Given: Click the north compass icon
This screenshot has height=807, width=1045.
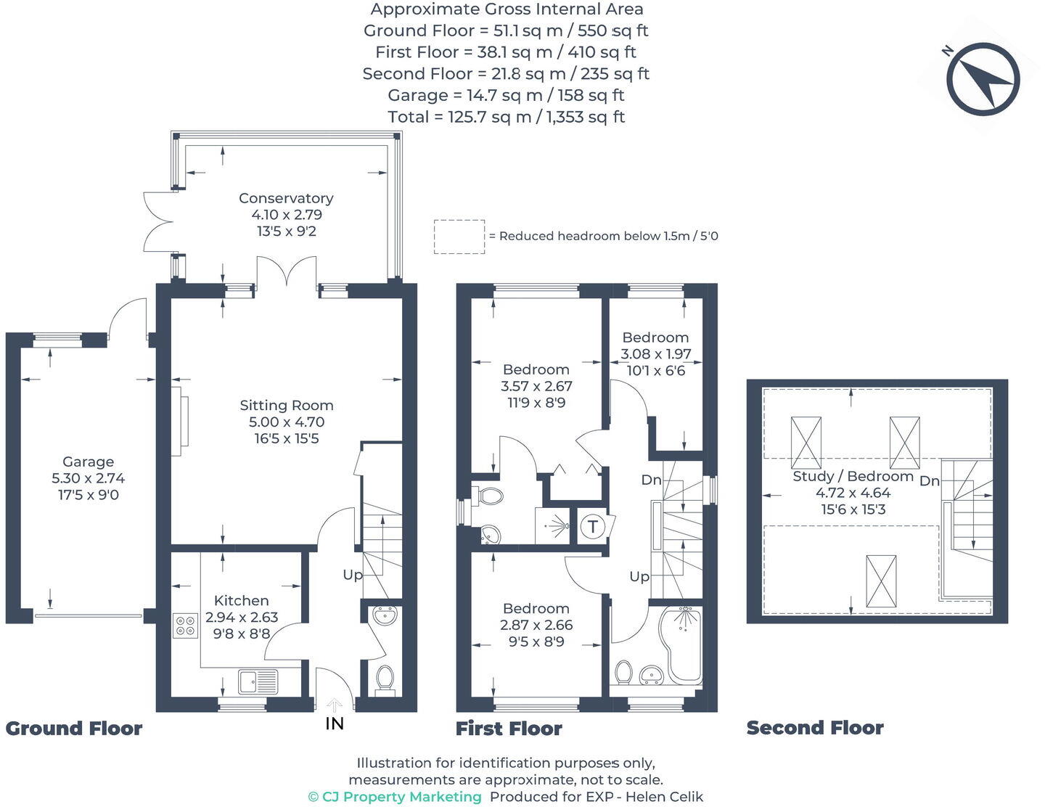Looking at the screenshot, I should [983, 79].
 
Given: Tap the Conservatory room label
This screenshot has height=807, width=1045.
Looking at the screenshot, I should [286, 198].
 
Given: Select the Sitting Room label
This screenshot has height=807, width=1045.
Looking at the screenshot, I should [287, 406].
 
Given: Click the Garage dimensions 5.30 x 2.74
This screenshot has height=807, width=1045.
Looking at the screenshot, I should [88, 478].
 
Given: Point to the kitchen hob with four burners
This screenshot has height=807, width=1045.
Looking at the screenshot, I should [186, 626].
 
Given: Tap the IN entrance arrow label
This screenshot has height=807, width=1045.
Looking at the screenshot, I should [335, 723].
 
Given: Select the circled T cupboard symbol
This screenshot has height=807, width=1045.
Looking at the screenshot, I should [594, 526].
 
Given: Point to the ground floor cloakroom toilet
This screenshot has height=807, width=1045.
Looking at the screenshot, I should [385, 679].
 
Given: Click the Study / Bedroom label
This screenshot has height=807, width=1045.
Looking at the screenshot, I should [853, 476].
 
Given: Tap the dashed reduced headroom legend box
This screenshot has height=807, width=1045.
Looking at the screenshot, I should [459, 237].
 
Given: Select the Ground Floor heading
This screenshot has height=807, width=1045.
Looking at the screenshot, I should [74, 729].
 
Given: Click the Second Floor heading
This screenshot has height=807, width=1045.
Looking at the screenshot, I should [814, 728].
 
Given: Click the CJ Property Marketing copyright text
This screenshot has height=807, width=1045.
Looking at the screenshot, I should [395, 797].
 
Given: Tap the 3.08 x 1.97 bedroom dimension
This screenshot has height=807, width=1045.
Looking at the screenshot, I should [655, 354].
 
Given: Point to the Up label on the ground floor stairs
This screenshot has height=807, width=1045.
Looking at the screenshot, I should [353, 575].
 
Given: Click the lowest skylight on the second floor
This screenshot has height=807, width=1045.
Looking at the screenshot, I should [881, 581].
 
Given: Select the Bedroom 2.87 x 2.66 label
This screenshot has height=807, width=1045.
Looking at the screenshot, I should [536, 609].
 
